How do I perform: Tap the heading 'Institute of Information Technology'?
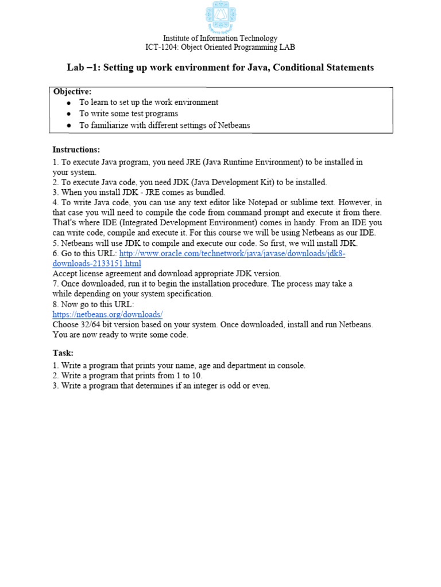[220, 38]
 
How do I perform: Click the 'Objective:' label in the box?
[72, 92]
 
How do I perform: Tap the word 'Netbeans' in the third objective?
[234, 125]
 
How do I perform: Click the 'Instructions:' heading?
[76, 150]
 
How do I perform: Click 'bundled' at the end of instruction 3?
[210, 192]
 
